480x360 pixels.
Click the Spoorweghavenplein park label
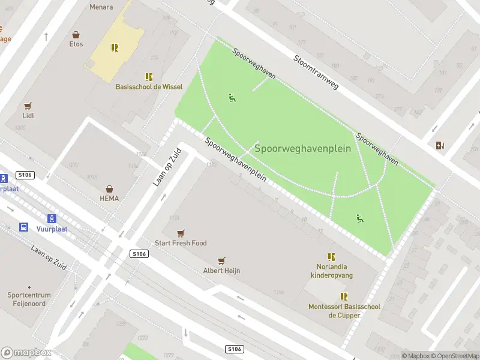click(302, 148)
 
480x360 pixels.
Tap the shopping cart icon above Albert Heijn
click(221, 261)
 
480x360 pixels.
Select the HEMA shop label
click(109, 198)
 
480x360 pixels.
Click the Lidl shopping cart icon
click(28, 106)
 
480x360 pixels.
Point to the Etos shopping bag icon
click(76, 35)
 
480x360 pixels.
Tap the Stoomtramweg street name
click(316, 73)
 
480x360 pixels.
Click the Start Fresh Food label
click(181, 243)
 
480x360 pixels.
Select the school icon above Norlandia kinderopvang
click(331, 257)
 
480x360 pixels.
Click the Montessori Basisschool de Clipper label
click(344, 311)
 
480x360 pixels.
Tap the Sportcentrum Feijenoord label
click(29, 299)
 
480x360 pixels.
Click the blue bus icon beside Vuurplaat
click(23, 227)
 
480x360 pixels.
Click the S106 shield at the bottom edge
click(234, 349)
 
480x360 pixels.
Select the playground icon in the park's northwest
click(232, 97)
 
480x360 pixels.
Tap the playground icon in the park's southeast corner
click(360, 218)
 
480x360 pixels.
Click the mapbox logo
click(26, 353)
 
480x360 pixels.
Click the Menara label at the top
click(101, 7)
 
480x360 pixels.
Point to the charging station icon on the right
click(441, 145)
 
